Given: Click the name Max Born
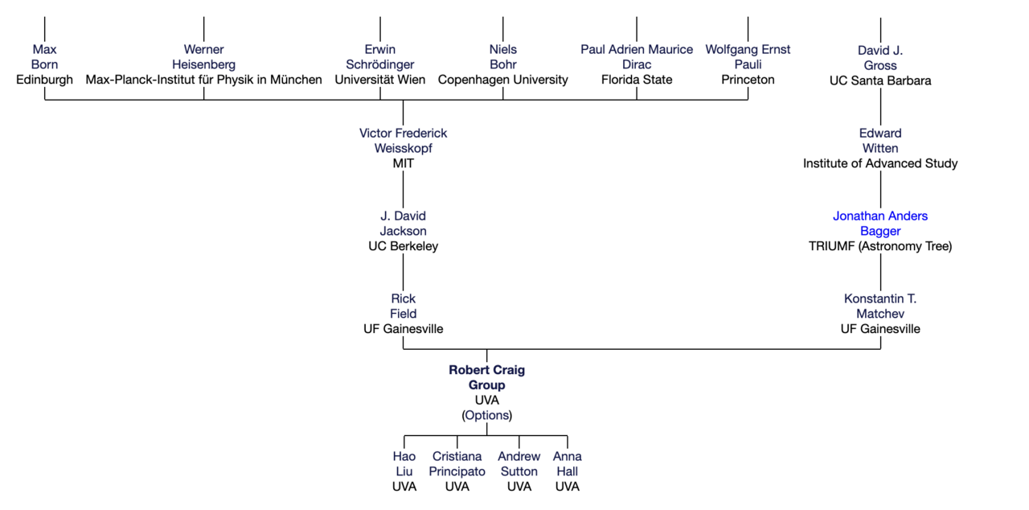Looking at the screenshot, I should (44, 57).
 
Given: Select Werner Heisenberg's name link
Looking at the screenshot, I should (203, 57).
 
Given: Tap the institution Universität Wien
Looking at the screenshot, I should (380, 80).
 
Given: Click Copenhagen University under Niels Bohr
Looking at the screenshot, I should (502, 80).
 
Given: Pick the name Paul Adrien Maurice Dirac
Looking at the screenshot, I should (637, 57).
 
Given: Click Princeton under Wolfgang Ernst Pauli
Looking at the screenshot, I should (748, 80).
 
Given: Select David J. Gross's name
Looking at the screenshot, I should (880, 58).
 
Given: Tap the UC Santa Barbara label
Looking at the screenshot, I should (880, 80).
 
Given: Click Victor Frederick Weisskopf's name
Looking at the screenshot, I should (403, 141).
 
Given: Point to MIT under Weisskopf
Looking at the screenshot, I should (403, 163).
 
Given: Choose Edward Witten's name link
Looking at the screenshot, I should (880, 141).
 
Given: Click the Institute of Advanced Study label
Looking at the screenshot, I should (880, 163).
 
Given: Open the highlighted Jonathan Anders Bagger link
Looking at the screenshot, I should (880, 224).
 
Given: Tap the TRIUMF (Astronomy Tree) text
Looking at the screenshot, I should (880, 246).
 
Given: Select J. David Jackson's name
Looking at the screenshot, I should (403, 224).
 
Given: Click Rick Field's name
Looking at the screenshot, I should (403, 306).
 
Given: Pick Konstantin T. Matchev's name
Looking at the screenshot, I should (880, 306).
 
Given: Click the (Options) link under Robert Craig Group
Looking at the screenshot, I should (486, 415).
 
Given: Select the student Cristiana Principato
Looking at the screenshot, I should (457, 464).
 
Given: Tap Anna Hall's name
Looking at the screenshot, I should (567, 464).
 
